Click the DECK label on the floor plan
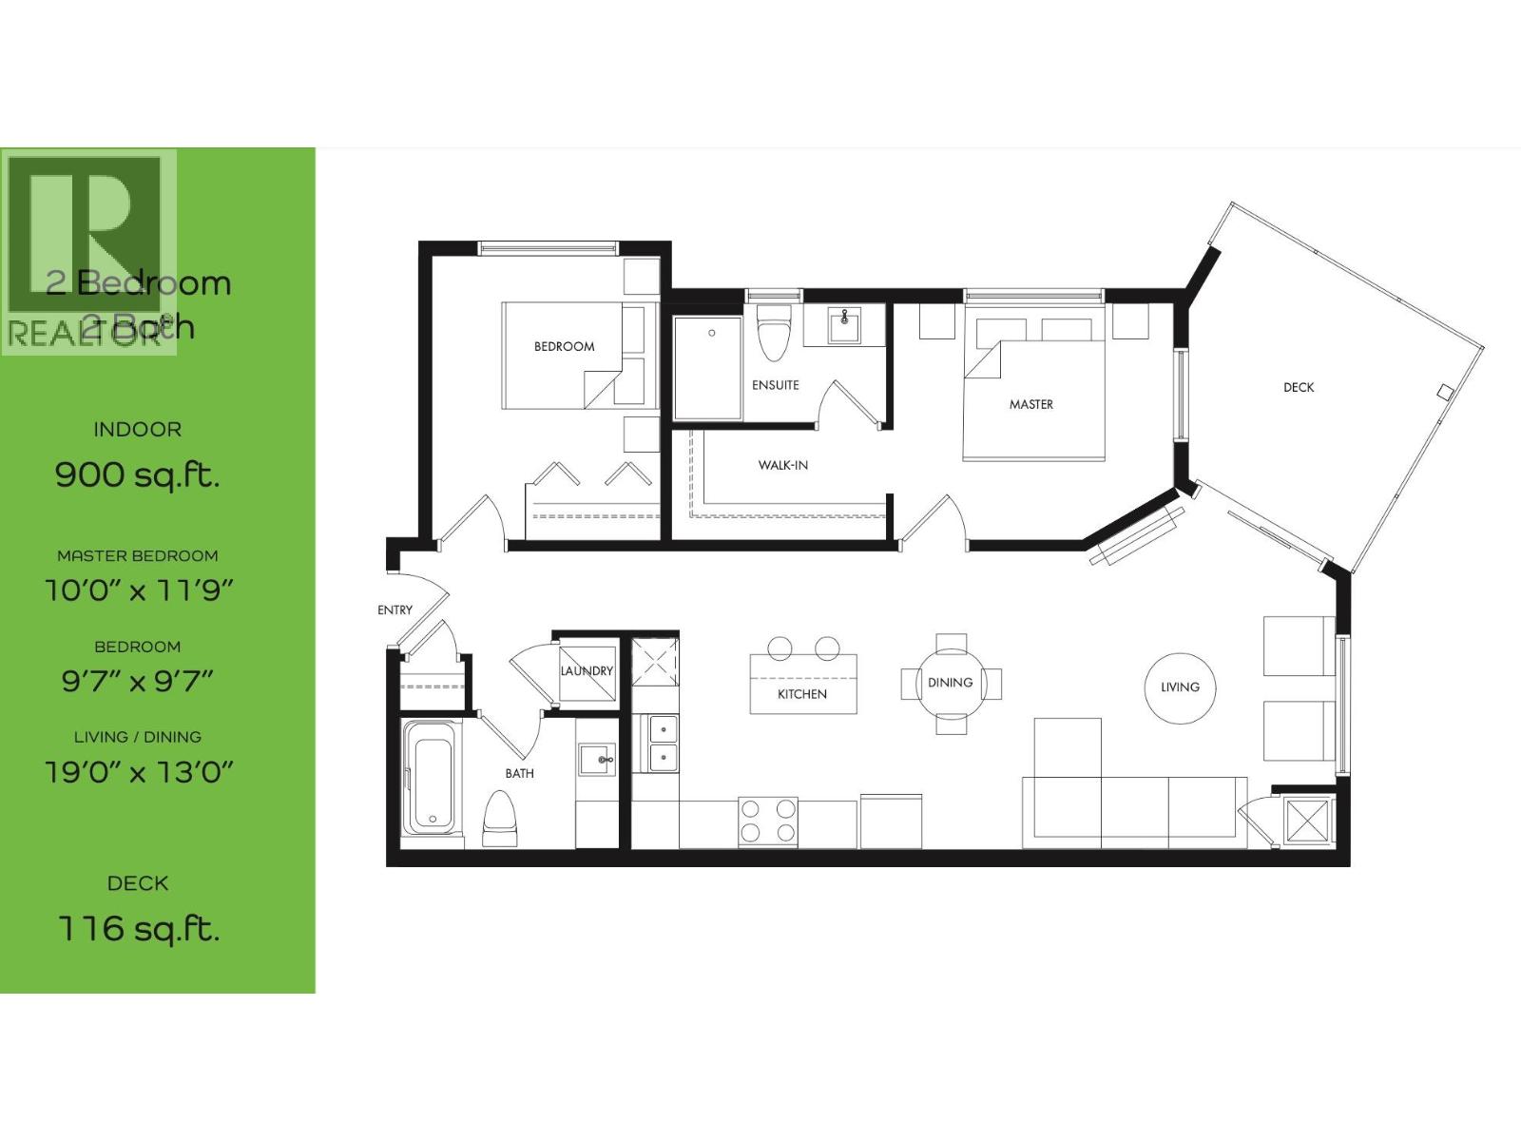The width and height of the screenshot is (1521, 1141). click(x=1299, y=387)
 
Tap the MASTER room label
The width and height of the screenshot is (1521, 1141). click(x=1031, y=404)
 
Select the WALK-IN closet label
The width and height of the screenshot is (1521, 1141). click(x=782, y=465)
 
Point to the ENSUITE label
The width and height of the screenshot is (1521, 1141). click(x=776, y=385)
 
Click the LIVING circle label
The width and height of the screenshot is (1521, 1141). click(x=1180, y=687)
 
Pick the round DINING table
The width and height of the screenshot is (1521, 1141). click(x=951, y=683)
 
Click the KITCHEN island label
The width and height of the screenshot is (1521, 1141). click(x=802, y=694)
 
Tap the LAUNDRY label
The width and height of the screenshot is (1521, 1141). click(x=587, y=670)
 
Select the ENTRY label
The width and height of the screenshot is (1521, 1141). click(x=395, y=609)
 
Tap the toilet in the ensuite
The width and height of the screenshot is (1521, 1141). click(x=773, y=333)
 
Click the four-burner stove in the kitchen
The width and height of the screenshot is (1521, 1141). click(x=768, y=822)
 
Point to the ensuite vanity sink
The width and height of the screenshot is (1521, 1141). click(x=844, y=326)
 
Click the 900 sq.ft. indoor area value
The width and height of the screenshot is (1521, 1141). click(x=137, y=474)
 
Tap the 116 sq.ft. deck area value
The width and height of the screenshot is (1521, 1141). click(x=138, y=928)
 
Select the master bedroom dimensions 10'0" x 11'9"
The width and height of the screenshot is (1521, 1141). click(x=139, y=590)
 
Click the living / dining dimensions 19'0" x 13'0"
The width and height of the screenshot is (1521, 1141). click(x=139, y=771)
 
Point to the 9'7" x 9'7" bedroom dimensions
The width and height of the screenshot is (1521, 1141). click(x=138, y=681)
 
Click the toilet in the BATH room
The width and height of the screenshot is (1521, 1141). click(x=501, y=821)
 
